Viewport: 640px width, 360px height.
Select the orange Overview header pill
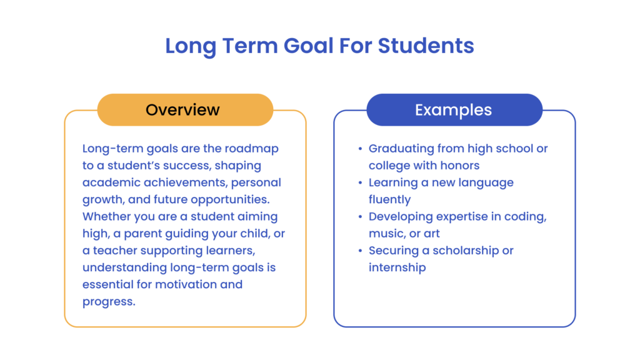[x=185, y=110]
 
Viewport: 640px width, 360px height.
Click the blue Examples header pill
[x=454, y=110]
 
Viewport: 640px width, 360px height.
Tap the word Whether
[x=108, y=216]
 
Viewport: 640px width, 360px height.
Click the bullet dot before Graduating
[x=360, y=149]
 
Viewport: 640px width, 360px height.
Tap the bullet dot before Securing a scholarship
[x=360, y=251]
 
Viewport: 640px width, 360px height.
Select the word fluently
[x=389, y=199]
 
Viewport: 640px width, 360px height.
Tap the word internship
[x=397, y=267]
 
